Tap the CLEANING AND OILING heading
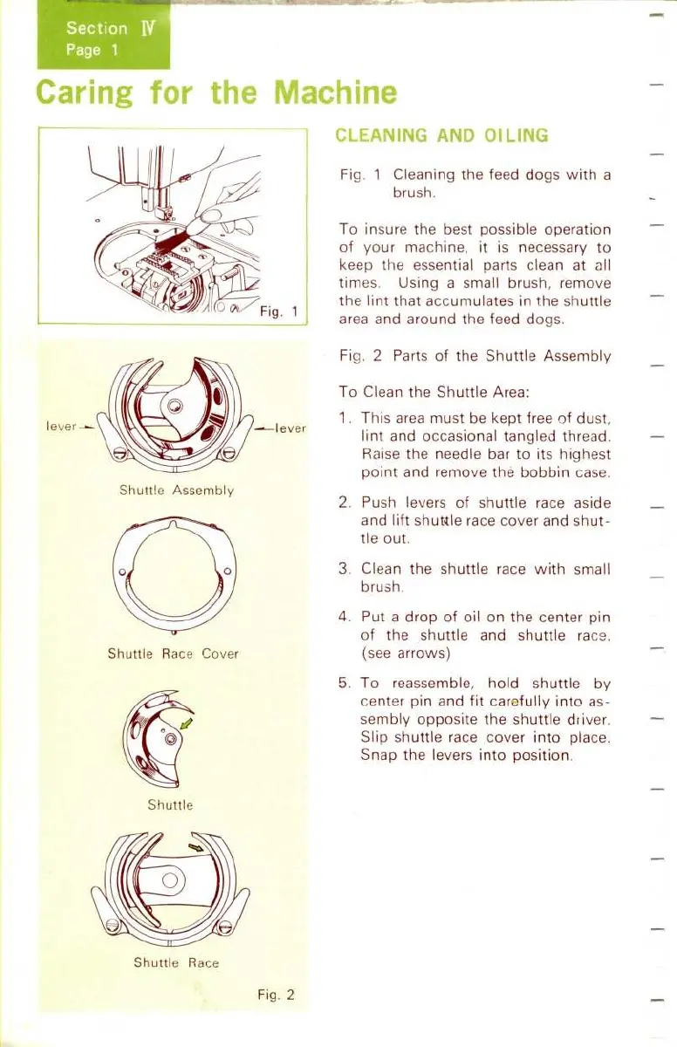point(441,135)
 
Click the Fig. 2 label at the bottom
point(277,994)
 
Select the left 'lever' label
point(61,428)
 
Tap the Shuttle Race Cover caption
point(173,654)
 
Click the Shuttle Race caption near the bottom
point(176,962)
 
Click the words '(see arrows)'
point(401,653)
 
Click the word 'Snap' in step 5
point(379,756)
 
